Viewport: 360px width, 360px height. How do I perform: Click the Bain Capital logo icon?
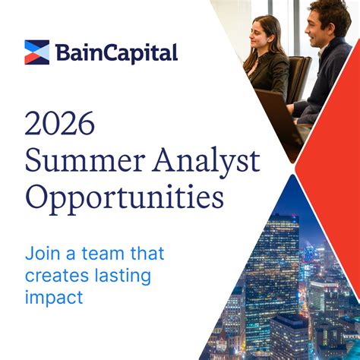[36, 52]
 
